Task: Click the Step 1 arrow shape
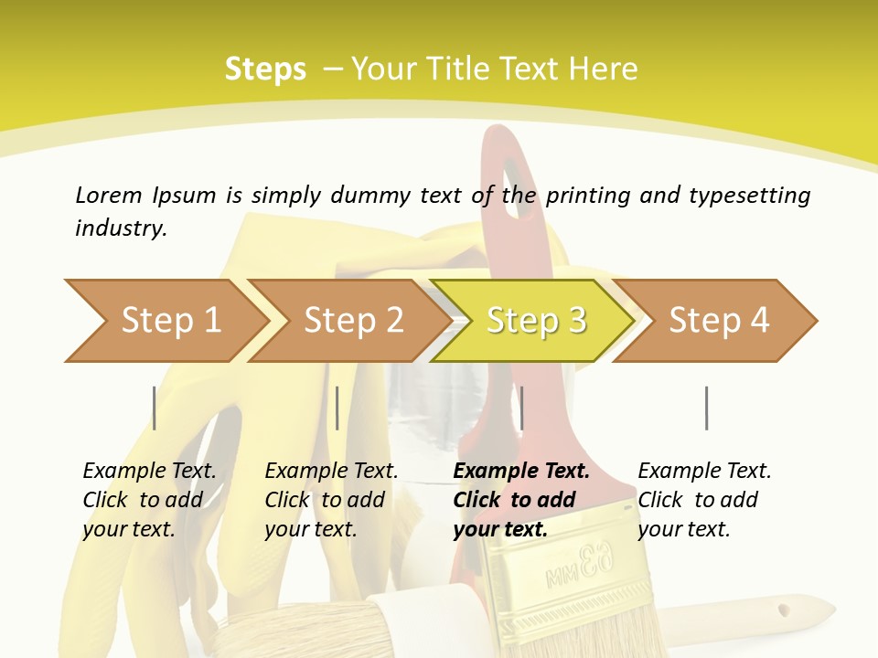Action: tap(169, 321)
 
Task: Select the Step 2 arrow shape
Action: tap(353, 321)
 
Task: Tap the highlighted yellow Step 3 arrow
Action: tap(536, 321)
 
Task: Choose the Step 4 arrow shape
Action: tap(719, 321)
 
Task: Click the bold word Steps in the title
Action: tap(265, 69)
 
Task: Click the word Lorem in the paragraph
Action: tap(108, 196)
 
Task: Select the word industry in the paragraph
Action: tap(120, 228)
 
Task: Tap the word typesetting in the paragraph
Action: tap(749, 196)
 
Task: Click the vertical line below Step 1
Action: tap(155, 408)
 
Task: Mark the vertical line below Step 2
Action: tap(337, 408)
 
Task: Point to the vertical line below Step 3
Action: tap(521, 408)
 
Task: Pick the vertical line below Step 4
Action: tap(706, 408)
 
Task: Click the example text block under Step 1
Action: tap(149, 500)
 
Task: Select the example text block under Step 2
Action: tap(331, 500)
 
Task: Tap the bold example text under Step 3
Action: tap(520, 500)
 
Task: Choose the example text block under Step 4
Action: tap(704, 500)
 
